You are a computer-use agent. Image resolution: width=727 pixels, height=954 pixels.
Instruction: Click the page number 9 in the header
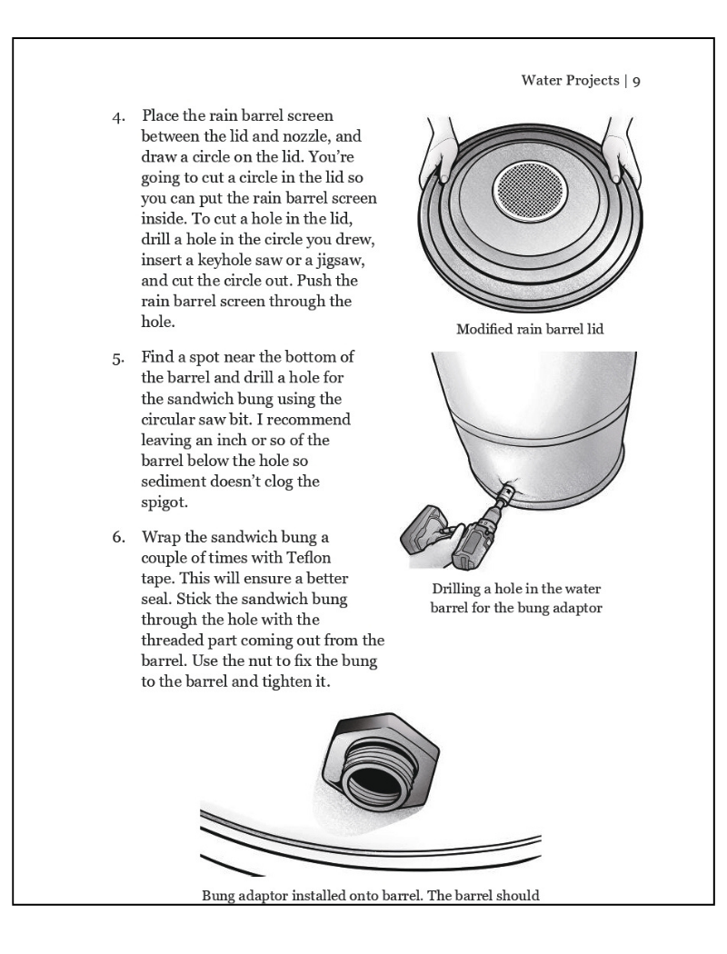pos(637,81)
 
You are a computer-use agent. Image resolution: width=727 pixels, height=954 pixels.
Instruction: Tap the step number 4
pos(118,117)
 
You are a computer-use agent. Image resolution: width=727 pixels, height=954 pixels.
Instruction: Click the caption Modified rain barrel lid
pos(529,329)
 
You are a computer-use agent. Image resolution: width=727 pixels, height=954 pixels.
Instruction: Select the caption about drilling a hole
pos(516,599)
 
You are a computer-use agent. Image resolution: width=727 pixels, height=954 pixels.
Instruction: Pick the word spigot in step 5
pos(164,502)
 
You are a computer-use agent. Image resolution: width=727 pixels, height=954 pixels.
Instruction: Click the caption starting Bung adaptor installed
pos(370,896)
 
